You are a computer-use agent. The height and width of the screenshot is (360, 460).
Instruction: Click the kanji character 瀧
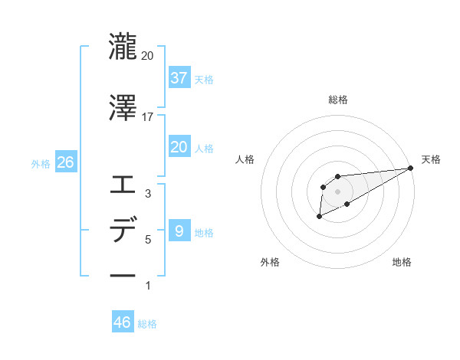coord(123,45)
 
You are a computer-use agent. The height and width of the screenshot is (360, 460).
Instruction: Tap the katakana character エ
coord(123,185)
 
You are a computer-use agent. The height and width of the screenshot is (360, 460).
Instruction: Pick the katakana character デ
coord(123,230)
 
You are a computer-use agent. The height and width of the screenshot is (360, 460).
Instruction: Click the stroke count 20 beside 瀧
coord(147,55)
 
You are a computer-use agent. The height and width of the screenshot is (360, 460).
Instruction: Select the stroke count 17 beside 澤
coord(147,117)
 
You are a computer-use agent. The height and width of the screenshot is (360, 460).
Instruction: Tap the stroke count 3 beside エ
coord(148,195)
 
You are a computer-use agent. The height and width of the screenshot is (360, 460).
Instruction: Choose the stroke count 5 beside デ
coord(148,240)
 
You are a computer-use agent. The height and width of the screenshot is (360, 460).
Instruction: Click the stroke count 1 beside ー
coord(148,286)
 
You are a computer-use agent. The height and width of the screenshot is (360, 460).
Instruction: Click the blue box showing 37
coord(179,77)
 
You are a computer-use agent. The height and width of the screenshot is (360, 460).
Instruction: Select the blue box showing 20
coord(179,146)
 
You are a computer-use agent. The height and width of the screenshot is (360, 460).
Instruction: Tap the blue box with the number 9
coord(179,231)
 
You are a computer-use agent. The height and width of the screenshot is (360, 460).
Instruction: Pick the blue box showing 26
coord(65,163)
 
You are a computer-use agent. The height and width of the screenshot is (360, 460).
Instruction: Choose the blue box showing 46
coord(123,322)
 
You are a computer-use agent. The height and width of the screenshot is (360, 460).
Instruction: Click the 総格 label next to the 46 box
coord(147,324)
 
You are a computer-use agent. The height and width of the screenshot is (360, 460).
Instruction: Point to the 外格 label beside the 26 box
coord(41,164)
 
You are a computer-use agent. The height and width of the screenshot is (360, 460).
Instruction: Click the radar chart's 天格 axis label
coord(431,159)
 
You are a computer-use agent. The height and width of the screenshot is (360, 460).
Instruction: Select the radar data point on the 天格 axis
coord(410,168)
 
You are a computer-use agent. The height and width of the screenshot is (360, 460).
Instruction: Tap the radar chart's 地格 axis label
coord(402,263)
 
